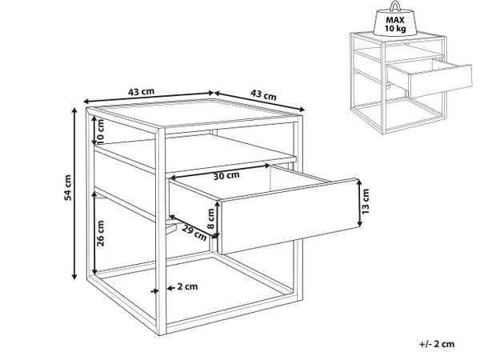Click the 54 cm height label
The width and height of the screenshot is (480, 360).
[x=68, y=187]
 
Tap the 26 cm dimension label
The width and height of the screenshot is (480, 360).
[x=101, y=233]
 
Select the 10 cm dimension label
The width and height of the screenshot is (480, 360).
[x=100, y=132]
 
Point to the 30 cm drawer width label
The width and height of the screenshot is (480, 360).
[x=226, y=176]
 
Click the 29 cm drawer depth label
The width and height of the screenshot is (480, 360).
[x=194, y=233]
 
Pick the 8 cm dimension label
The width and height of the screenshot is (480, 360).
[x=211, y=218]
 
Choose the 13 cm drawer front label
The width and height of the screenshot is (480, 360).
[x=366, y=201]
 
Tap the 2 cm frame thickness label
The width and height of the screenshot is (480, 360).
[x=187, y=286]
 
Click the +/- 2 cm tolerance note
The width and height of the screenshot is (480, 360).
[x=437, y=344]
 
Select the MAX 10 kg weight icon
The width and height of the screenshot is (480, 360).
[x=395, y=19]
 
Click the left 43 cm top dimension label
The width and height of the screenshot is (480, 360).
[x=141, y=91]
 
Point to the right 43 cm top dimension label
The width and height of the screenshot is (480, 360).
[x=263, y=94]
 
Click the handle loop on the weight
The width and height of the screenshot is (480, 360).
[x=395, y=6]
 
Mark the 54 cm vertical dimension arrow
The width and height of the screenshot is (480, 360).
[x=74, y=194]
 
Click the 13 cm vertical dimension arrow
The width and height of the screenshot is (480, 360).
[x=360, y=203]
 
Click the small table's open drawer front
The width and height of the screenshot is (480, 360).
[x=440, y=81]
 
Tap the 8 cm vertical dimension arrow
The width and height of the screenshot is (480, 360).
[x=217, y=219]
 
